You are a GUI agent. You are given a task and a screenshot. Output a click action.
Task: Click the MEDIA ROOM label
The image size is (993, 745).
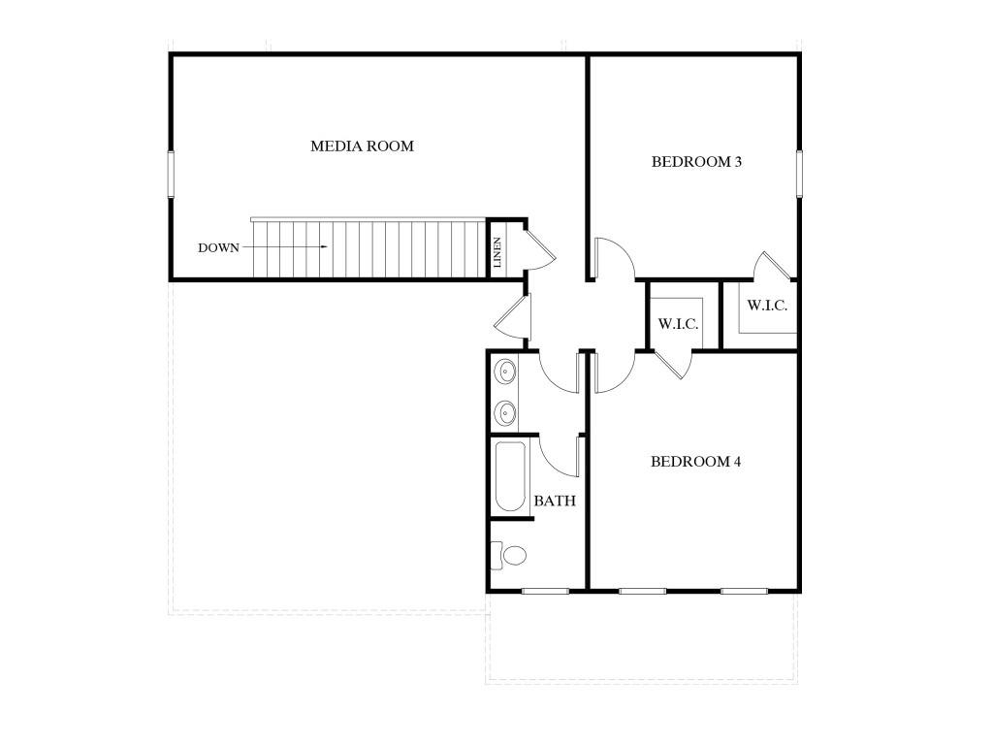tap(362, 146)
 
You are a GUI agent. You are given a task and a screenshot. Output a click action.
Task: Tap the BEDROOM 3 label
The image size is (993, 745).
tap(696, 162)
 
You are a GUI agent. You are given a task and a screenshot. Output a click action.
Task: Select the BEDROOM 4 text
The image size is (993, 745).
tap(695, 461)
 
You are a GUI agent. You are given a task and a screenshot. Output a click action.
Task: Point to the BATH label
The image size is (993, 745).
tap(555, 502)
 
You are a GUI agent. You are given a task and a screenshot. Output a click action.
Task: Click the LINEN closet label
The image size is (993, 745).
tap(497, 252)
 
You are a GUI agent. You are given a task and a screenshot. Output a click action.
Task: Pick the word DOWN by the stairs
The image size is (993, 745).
tap(218, 247)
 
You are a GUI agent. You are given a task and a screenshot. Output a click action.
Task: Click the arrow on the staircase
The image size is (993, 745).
tap(285, 247)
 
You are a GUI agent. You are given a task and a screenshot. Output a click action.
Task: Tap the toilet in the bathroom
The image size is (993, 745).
tap(508, 556)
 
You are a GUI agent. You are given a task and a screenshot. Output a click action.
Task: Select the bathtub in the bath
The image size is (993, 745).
tap(510, 477)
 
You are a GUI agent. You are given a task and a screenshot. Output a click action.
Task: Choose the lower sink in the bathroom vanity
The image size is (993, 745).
tap(505, 413)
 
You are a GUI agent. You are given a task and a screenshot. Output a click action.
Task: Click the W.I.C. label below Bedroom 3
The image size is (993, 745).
tap(767, 306)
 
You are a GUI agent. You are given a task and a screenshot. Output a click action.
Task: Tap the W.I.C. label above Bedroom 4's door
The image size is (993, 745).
tap(678, 324)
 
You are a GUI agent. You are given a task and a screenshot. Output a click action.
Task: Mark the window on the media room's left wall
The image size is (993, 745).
tap(171, 174)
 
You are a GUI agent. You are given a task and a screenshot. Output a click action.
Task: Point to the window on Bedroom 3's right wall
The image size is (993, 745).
tap(799, 174)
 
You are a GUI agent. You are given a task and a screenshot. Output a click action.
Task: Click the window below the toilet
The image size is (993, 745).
tap(545, 591)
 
